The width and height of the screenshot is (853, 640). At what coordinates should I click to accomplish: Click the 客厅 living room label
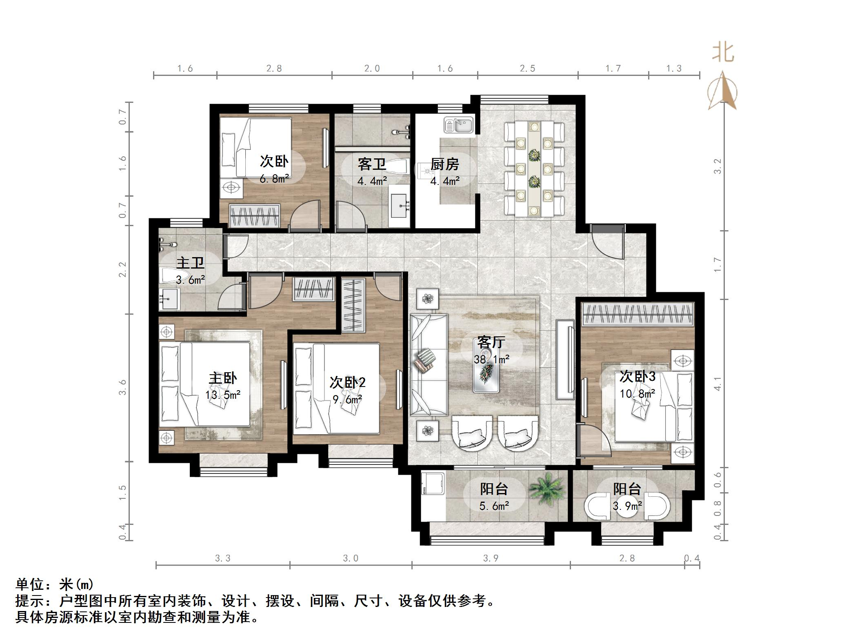tap(491, 342)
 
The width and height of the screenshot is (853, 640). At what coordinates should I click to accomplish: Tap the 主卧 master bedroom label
tap(222, 378)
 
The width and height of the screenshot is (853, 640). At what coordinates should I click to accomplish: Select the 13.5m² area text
tap(222, 395)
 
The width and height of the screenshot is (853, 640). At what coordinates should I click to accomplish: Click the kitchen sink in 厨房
tap(459, 125)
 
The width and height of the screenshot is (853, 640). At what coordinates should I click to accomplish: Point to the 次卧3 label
tap(637, 376)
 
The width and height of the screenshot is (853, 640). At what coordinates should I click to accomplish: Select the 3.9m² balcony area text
tap(627, 507)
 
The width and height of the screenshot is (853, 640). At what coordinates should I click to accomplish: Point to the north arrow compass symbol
tap(722, 92)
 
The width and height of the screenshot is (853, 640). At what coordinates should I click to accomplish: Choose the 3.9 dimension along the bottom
tap(491, 558)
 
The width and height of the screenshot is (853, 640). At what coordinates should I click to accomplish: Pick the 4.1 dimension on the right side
tap(717, 383)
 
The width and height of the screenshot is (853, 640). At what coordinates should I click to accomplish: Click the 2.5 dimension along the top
tap(527, 69)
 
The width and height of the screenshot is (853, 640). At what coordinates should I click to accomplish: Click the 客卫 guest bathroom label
tap(371, 164)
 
